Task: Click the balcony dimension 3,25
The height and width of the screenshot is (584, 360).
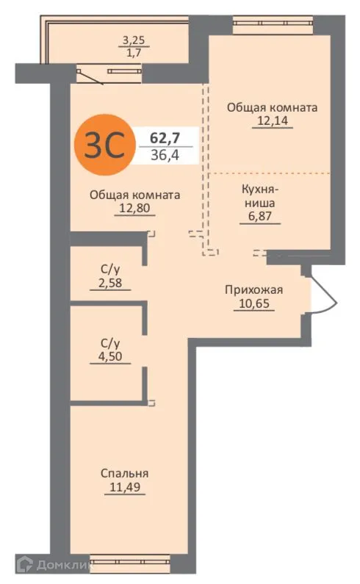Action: (x=133, y=40)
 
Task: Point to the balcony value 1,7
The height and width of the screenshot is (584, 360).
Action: (x=133, y=53)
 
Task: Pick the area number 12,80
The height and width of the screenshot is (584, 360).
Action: (x=135, y=209)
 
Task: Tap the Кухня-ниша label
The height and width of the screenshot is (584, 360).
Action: (x=260, y=195)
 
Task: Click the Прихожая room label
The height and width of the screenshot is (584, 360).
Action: (x=253, y=289)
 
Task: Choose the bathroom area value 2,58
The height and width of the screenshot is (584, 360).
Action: (x=109, y=284)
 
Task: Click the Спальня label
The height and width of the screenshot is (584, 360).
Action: (x=124, y=473)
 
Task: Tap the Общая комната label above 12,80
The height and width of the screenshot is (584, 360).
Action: (x=135, y=195)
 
